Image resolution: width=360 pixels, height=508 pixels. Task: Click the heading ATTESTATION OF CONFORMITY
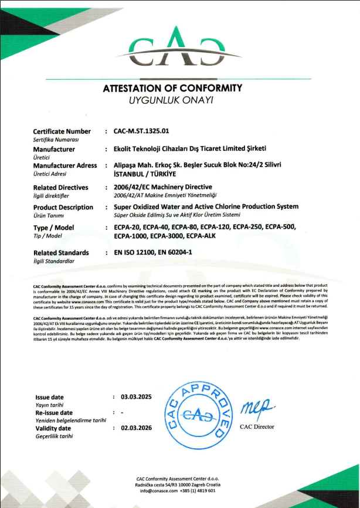[x=172, y=89]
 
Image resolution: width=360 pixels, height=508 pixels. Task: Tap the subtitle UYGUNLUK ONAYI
[x=172, y=100]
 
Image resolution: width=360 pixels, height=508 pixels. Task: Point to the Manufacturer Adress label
[x=65, y=165]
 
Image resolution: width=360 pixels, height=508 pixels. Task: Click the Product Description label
[x=63, y=207]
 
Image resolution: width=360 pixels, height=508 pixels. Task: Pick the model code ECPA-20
[x=127, y=226]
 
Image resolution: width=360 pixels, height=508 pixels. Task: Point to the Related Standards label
[x=62, y=253]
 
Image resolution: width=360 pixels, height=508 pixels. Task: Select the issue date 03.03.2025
[x=136, y=397]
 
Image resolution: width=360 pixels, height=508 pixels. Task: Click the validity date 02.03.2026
[x=136, y=428]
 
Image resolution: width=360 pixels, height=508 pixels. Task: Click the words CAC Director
[x=257, y=426]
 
